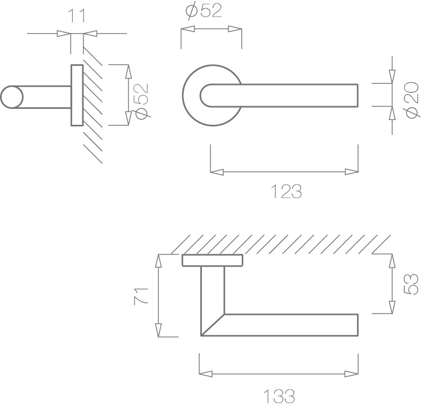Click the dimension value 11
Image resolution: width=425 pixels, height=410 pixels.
click(x=76, y=15)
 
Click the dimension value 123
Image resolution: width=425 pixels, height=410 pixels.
click(x=286, y=192)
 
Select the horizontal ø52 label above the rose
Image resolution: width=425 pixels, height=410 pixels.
click(x=203, y=11)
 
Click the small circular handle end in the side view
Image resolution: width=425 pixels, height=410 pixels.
click(x=11, y=98)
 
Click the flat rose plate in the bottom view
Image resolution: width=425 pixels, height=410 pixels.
click(x=212, y=260)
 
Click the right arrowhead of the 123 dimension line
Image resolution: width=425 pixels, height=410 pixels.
click(x=352, y=172)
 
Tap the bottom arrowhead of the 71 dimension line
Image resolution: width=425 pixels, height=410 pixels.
click(x=158, y=329)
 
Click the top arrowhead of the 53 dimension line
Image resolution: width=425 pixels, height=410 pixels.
click(x=392, y=261)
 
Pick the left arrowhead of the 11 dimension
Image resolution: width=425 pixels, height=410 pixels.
click(x=64, y=34)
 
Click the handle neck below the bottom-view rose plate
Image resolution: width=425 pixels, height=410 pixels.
click(x=212, y=287)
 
